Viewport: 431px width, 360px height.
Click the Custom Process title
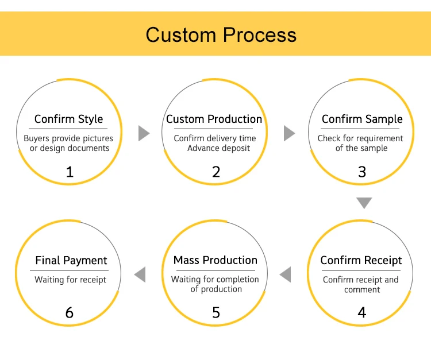click(x=221, y=34)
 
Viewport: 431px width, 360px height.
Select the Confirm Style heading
click(x=68, y=119)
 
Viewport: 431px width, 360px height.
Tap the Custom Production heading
click(x=214, y=119)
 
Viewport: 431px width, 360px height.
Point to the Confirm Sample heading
click(x=362, y=119)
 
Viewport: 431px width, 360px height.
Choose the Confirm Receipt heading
click(x=361, y=261)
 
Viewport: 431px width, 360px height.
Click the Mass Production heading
click(x=215, y=261)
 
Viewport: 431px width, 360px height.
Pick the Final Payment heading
click(x=71, y=261)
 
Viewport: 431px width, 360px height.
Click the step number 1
click(x=70, y=172)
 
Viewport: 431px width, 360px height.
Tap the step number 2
click(x=215, y=172)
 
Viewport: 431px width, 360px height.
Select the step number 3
click(x=362, y=172)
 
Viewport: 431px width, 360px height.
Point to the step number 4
click(x=361, y=313)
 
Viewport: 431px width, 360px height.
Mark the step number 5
click(x=215, y=313)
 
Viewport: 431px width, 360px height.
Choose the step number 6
click(x=70, y=313)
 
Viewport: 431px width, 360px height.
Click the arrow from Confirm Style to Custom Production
click(x=144, y=134)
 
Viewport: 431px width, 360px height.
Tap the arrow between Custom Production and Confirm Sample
click(x=289, y=134)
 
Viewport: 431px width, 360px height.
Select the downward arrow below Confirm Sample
click(x=364, y=203)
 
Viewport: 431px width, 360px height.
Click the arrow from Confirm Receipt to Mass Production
click(x=286, y=275)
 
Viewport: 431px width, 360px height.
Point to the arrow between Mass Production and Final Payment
click(x=140, y=275)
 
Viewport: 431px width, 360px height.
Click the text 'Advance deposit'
click(x=219, y=148)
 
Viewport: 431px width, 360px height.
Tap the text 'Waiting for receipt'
click(x=70, y=280)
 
